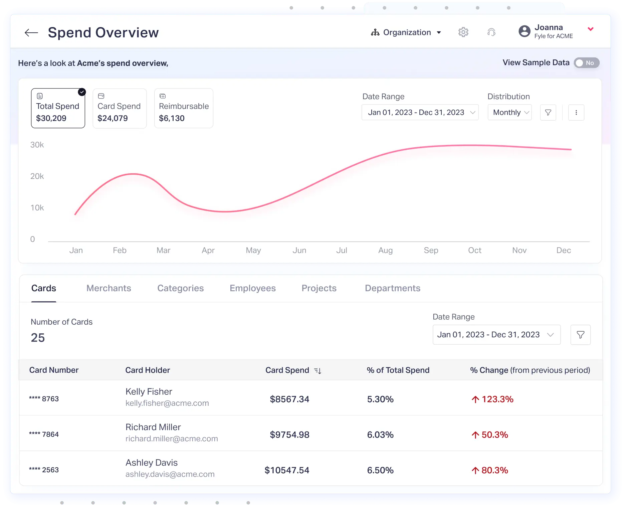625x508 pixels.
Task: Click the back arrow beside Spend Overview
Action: tap(31, 32)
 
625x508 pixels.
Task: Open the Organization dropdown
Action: tap(406, 32)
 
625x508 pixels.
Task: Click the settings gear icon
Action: tap(463, 32)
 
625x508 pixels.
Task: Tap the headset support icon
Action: tap(491, 32)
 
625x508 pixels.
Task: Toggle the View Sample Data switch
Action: tap(586, 63)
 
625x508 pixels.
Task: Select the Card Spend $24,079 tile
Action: tap(120, 108)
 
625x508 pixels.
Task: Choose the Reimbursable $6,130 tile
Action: tap(184, 108)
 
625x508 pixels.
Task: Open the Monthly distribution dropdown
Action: tap(509, 113)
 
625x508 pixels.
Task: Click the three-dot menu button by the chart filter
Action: tap(576, 113)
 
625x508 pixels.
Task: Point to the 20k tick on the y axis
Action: tap(37, 176)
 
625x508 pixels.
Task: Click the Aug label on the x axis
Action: tap(385, 250)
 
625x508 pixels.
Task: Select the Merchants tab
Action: tap(109, 288)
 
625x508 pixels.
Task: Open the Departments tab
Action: tap(392, 288)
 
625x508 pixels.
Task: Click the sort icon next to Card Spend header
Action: tap(318, 370)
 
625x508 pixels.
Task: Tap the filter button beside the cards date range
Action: tap(580, 335)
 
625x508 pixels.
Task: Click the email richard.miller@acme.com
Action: tap(172, 439)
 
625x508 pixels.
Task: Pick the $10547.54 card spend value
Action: tap(287, 470)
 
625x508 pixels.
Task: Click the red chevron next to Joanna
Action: tap(590, 29)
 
